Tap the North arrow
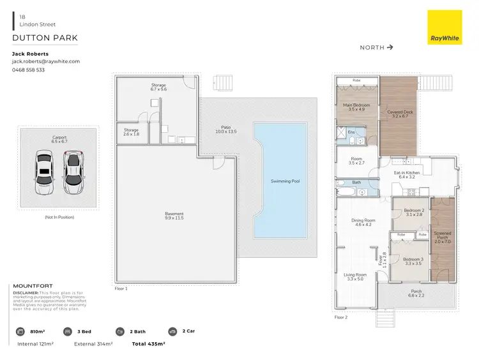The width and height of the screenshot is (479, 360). pos(390,47)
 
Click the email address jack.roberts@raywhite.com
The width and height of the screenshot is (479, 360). pos(46,61)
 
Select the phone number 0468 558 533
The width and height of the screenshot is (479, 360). pos(29,70)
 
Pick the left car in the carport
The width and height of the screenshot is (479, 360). pos(43,173)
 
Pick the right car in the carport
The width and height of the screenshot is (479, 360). pos(74,173)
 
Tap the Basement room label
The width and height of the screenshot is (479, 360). pos(174,216)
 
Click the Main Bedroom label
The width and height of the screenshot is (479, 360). pos(356,107)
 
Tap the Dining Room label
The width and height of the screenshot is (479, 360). pos(363,222)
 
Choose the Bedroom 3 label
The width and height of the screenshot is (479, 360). pos(413,260)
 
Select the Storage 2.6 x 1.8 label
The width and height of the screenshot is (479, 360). pos(131,132)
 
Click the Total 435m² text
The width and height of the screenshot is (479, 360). pos(148,344)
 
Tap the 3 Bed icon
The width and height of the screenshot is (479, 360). pos(68,331)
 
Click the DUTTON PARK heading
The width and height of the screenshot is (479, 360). pos(44,38)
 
